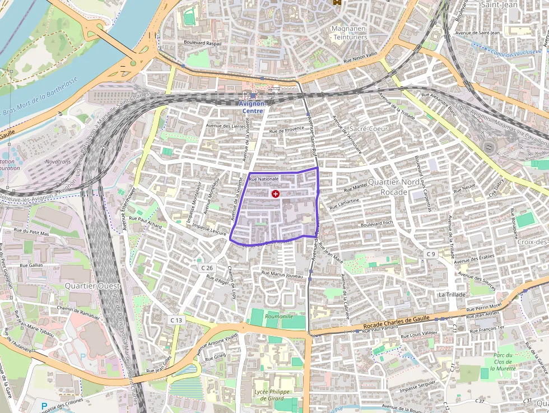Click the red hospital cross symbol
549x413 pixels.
(275, 194)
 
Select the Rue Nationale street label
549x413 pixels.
(264, 179)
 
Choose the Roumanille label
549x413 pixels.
(279, 316)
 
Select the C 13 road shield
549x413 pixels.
(176, 319)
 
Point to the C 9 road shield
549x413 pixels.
(430, 254)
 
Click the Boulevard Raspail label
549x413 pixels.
(202, 43)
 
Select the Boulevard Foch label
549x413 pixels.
(378, 225)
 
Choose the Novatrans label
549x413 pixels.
(58, 161)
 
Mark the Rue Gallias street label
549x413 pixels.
(31, 265)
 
